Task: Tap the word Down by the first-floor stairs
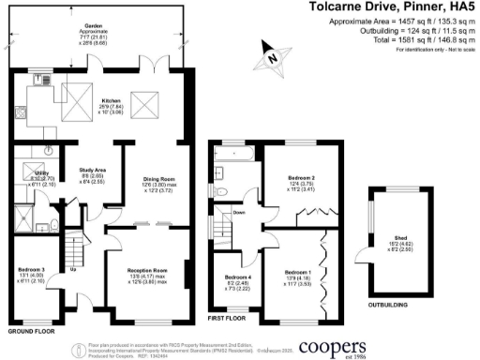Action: coord(240,212)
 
